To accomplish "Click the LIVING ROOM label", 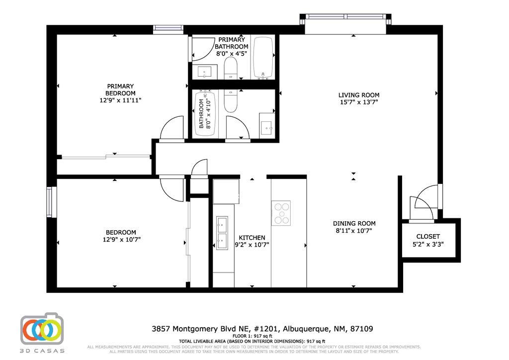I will [359, 95].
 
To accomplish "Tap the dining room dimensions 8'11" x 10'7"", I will [354, 231].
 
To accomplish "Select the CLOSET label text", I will [428, 236].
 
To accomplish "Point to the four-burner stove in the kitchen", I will [281, 213].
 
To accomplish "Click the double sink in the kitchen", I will [222, 233].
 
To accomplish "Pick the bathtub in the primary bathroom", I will [263, 57].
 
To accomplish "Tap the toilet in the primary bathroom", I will [231, 68].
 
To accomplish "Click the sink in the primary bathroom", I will [205, 73].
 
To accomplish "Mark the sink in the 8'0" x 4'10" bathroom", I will [266, 128].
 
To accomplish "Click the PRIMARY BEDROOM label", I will [120, 90].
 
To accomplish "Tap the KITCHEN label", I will [252, 237].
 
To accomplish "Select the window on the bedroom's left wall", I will [50, 202].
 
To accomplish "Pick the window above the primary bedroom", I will [168, 28].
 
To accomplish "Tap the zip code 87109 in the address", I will [362, 329].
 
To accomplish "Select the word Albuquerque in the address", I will [307, 329].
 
